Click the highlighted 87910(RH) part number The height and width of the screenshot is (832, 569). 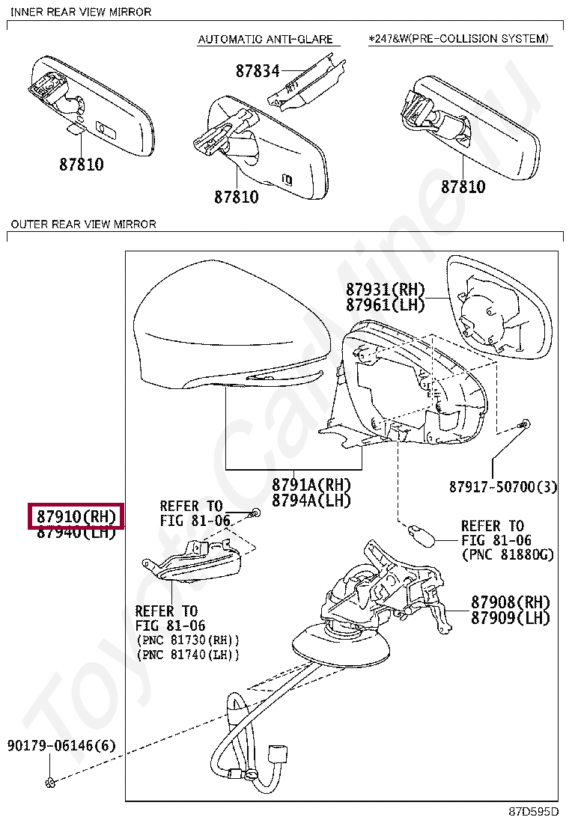(x=76, y=516)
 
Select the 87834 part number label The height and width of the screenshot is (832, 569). (x=257, y=71)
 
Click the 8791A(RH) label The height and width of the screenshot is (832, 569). (x=311, y=486)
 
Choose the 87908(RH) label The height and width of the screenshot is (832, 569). (x=510, y=602)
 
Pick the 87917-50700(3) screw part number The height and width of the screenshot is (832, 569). (x=503, y=487)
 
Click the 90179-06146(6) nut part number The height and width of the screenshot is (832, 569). (x=61, y=746)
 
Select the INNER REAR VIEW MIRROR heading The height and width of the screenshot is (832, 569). (x=81, y=12)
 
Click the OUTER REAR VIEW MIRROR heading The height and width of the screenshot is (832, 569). (x=83, y=224)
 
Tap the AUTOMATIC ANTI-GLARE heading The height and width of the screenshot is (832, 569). (x=264, y=39)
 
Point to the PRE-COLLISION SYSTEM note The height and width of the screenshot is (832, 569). (x=460, y=38)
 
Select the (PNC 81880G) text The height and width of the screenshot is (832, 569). (x=508, y=554)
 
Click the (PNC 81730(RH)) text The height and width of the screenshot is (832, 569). (x=188, y=640)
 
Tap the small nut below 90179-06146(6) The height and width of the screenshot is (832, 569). (x=51, y=783)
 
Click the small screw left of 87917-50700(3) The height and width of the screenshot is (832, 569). (x=525, y=425)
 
